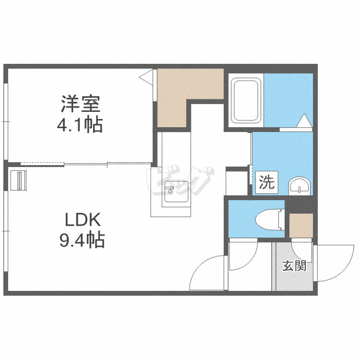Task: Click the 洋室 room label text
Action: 80,104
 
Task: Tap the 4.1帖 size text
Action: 80,125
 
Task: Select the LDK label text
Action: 83,220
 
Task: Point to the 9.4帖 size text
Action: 82,240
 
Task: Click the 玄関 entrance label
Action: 294,265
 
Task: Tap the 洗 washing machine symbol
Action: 267,182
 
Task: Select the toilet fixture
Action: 270,219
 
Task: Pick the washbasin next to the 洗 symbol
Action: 300,186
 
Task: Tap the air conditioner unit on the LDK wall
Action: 18,180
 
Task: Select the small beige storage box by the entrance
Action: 301,226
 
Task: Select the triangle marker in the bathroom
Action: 304,120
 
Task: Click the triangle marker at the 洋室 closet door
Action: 146,75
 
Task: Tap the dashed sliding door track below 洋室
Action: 42,164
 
